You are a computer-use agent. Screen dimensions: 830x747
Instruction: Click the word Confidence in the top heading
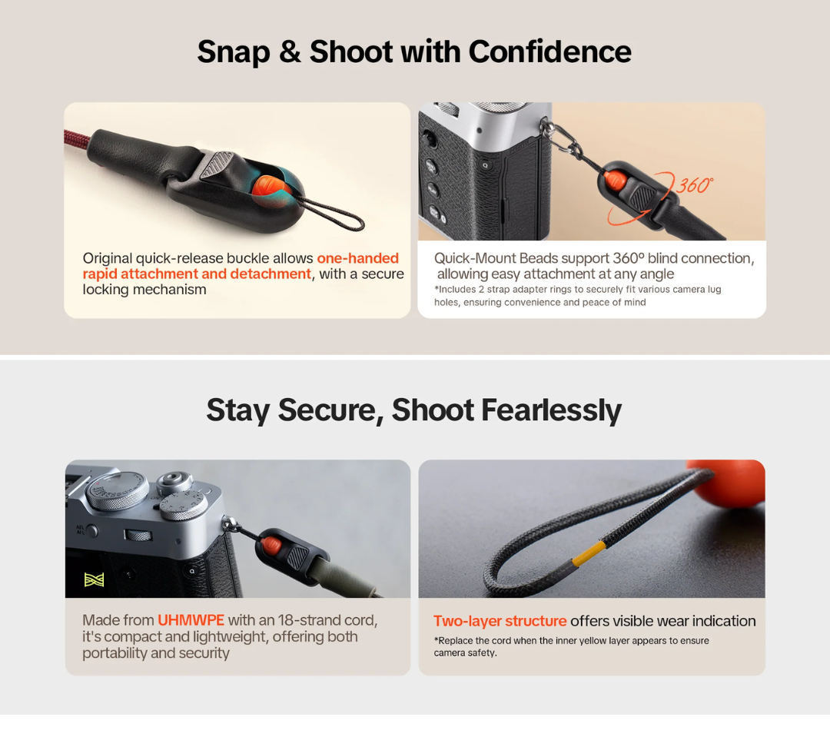(549, 52)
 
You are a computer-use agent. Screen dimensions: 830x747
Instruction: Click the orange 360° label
(695, 185)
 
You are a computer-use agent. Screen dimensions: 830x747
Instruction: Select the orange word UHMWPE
(191, 620)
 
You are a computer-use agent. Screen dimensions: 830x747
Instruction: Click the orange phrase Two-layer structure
(500, 621)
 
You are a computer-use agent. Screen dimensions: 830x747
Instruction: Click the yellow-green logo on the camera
(95, 579)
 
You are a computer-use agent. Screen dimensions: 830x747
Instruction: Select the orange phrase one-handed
(358, 258)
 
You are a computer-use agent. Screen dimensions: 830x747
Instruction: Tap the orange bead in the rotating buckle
(615, 180)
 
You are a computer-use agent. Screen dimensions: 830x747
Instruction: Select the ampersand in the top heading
(290, 52)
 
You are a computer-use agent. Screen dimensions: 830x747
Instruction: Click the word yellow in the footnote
(592, 641)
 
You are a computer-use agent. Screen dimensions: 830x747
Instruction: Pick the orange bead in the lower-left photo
(271, 544)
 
